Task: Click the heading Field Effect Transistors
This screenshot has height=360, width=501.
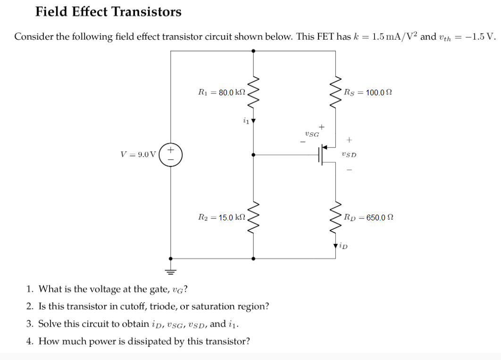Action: pos(108,12)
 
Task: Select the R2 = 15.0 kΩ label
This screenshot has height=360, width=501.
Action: pos(222,218)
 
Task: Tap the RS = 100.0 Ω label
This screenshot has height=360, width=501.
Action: pos(368,93)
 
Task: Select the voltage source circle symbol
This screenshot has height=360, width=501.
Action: pos(171,154)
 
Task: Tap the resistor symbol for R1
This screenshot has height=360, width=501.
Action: pos(255,92)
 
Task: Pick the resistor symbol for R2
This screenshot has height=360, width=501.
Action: pos(255,217)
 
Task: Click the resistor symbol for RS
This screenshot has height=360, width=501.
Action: pos(335,92)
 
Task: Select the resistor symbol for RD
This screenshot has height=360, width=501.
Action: pos(335,217)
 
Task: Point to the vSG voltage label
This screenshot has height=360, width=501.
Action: pos(312,134)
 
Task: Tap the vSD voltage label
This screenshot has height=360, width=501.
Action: pos(350,155)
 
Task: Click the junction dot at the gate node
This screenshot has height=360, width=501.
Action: pos(255,154)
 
